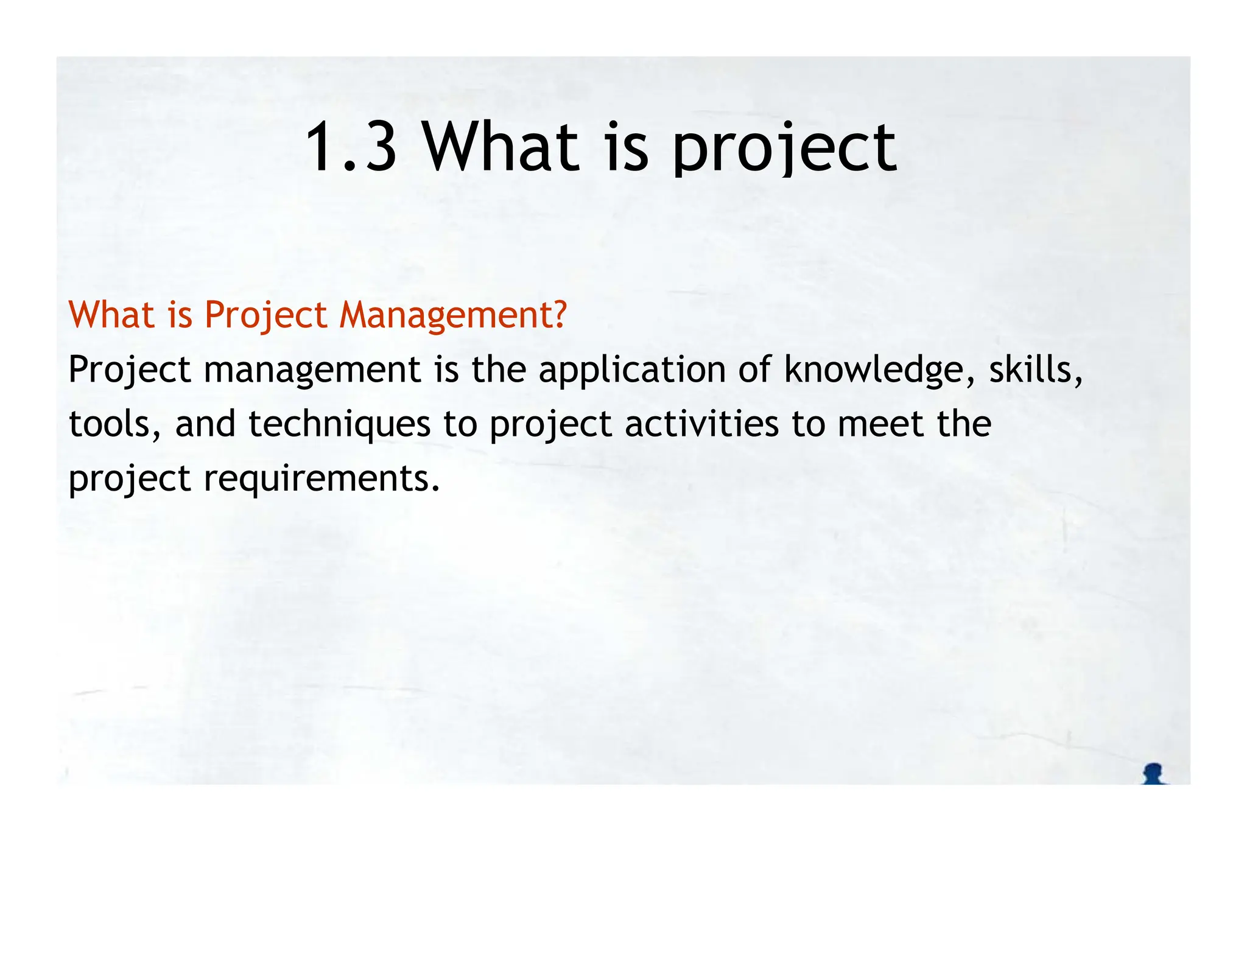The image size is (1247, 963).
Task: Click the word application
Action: tap(632, 369)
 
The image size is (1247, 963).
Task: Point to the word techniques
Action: tap(339, 424)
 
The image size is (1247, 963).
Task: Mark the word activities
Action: tap(701, 424)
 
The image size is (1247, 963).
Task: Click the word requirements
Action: tap(321, 479)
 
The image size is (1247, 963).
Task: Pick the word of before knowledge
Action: tap(755, 369)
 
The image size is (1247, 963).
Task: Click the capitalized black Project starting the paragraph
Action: tap(129, 369)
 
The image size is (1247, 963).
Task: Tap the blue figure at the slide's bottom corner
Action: tap(1154, 774)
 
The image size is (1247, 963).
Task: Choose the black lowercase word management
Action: tap(312, 369)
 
